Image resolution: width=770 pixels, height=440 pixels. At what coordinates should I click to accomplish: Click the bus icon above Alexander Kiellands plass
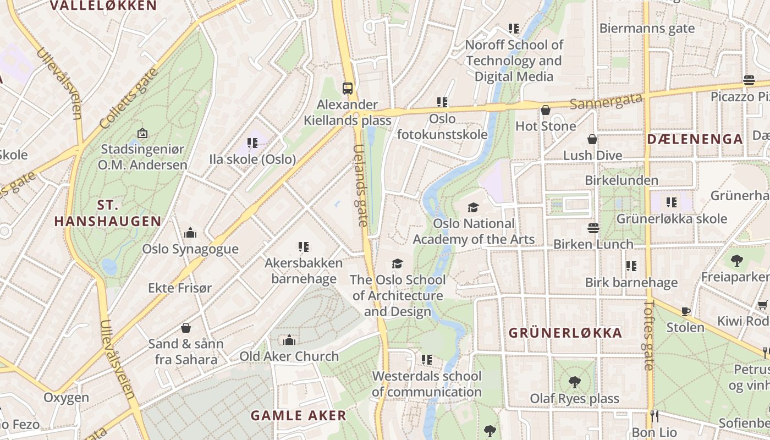click(x=348, y=88)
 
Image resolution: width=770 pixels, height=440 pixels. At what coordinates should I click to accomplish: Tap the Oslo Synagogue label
click(x=190, y=249)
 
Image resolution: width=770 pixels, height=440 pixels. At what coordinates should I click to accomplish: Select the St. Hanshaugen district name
click(x=108, y=213)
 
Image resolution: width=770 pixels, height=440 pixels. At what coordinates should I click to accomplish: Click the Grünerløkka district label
click(x=565, y=333)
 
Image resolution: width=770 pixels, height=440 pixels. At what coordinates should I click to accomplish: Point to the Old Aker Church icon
click(x=289, y=340)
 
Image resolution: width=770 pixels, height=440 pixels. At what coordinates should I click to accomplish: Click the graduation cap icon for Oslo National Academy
click(x=473, y=207)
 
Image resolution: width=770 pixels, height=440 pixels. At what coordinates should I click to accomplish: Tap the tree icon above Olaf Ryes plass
click(x=575, y=382)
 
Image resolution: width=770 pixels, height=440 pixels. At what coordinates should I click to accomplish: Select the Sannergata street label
click(x=606, y=101)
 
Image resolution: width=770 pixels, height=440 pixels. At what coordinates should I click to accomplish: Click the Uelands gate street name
click(x=360, y=185)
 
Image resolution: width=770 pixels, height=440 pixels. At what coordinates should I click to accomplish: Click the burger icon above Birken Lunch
click(x=593, y=228)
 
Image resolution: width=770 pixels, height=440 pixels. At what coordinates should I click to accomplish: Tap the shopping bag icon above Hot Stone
click(x=546, y=110)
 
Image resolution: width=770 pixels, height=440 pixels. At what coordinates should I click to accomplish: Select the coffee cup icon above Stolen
click(x=686, y=311)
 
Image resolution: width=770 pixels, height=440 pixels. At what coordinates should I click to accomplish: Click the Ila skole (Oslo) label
click(x=252, y=159)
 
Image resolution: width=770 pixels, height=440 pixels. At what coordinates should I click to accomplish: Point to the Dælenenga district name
click(x=695, y=139)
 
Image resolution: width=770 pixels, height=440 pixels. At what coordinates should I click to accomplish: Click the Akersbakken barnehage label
click(x=304, y=271)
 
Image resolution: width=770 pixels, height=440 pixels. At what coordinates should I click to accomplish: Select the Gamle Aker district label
click(x=299, y=415)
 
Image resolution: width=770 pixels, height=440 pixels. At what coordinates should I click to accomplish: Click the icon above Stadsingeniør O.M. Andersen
click(x=142, y=133)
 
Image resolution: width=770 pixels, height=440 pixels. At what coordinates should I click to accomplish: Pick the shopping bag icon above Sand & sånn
click(x=186, y=328)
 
